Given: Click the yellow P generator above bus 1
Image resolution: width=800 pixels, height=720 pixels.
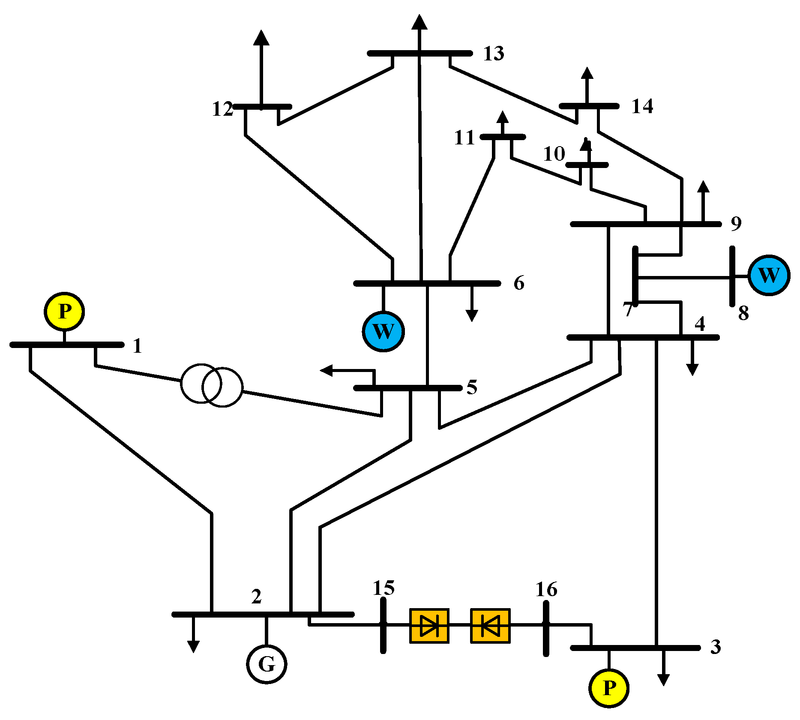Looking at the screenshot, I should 64,312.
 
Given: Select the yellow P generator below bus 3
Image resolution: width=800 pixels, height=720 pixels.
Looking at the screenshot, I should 609,688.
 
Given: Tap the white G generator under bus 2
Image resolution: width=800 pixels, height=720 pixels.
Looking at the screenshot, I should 267,664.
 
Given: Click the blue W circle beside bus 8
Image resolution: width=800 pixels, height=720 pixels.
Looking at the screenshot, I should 769,275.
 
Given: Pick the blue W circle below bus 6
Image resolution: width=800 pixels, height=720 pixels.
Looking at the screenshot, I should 384,331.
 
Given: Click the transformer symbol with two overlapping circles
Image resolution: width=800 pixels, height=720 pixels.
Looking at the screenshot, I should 212,385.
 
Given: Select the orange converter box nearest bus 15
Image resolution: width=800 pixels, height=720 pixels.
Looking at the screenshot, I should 429,626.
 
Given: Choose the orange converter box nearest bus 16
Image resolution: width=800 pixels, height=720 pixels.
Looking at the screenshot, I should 490,626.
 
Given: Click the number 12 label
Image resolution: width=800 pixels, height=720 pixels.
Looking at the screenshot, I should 222,109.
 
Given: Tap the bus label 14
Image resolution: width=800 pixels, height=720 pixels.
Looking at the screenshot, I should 642,106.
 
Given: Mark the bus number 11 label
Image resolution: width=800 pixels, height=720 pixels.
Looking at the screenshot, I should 464,138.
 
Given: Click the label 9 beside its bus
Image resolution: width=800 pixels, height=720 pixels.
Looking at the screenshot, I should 736,224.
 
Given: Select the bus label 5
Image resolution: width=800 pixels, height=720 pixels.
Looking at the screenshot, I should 472,387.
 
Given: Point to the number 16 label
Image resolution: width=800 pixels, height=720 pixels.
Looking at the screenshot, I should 546,590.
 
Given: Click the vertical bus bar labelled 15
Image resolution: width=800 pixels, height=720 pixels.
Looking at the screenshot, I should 383,626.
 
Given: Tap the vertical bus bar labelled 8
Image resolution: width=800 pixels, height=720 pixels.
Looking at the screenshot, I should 733,276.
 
